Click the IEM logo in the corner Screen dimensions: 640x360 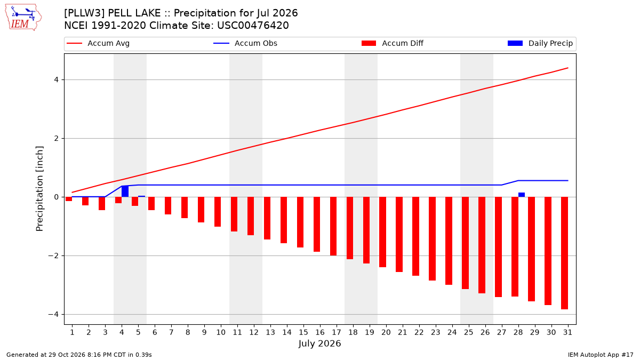click(x=23, y=17)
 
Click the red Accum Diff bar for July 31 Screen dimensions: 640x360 click(x=564, y=253)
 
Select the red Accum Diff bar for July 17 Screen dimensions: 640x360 click(x=333, y=226)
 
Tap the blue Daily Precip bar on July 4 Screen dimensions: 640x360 click(x=125, y=191)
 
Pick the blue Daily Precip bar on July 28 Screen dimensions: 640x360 click(x=522, y=195)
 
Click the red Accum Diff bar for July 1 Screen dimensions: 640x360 click(x=69, y=199)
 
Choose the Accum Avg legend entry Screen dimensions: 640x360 click(x=98, y=43)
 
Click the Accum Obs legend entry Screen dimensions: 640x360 click(x=245, y=43)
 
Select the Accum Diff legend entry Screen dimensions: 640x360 click(x=393, y=43)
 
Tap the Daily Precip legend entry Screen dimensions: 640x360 click(x=540, y=43)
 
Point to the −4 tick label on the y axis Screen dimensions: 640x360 click(x=53, y=314)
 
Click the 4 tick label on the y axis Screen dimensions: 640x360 click(x=56, y=79)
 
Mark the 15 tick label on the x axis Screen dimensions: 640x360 click(x=303, y=332)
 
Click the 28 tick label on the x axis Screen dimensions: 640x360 click(x=518, y=332)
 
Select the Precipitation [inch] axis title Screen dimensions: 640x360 click(x=39, y=189)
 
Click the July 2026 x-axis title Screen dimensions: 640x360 click(x=319, y=343)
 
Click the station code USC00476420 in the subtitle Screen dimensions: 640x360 click(x=253, y=26)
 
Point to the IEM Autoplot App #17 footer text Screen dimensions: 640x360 click(x=601, y=355)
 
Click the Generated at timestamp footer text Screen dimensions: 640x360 click(x=79, y=355)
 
